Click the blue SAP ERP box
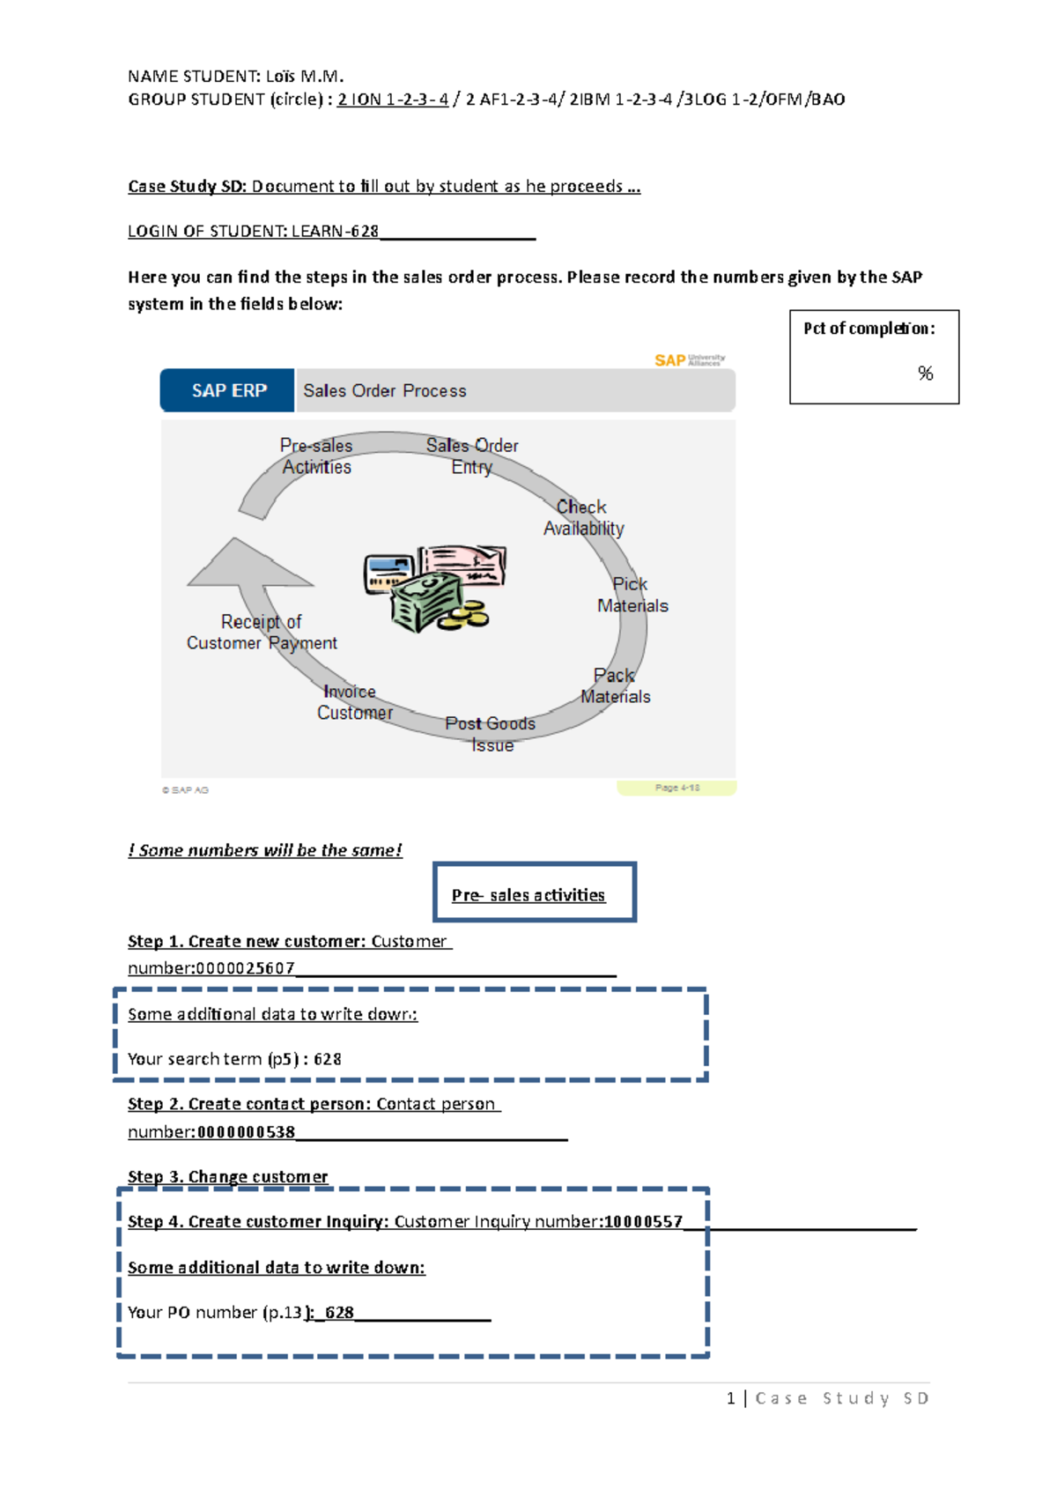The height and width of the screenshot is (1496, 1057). click(227, 390)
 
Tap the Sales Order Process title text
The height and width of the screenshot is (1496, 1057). click(385, 390)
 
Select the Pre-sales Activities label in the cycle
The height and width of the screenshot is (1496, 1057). click(316, 456)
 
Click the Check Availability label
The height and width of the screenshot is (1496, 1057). click(583, 518)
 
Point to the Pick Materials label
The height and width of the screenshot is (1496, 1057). click(632, 595)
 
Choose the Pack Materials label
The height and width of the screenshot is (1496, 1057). click(615, 685)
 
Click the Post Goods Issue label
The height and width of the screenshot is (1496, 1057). click(491, 734)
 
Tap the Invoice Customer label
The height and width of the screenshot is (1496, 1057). click(354, 702)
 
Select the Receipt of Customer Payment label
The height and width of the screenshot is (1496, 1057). click(262, 633)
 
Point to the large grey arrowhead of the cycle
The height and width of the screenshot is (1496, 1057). click(247, 566)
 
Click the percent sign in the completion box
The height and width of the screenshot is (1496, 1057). click(925, 374)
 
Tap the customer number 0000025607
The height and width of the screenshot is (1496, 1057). click(246, 968)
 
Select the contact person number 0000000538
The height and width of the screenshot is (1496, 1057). click(247, 1132)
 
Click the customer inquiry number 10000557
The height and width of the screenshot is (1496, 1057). click(643, 1222)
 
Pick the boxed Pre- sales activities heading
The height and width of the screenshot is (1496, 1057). click(528, 895)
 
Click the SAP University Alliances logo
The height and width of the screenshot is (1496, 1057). click(690, 359)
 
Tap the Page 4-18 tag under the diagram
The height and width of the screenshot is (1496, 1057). click(676, 788)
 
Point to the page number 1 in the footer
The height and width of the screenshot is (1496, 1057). click(731, 1398)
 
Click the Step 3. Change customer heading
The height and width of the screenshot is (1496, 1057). click(227, 1177)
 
